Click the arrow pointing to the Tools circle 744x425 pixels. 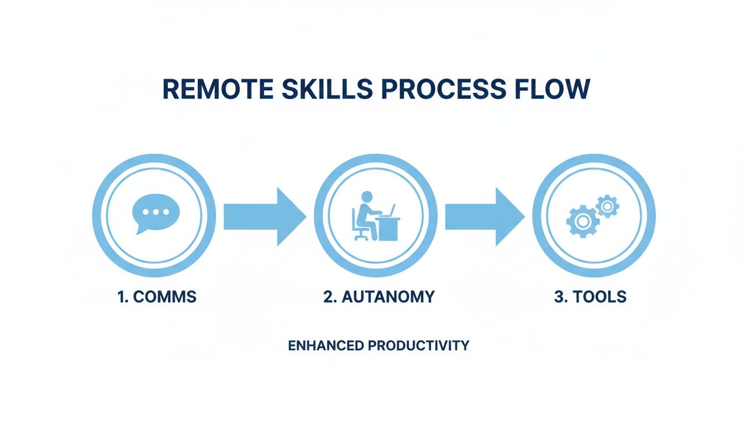click(485, 216)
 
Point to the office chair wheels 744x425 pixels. click(361, 237)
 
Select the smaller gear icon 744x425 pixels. click(607, 206)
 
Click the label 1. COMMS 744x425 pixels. click(157, 297)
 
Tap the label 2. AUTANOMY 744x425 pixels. click(379, 297)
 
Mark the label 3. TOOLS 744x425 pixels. click(590, 297)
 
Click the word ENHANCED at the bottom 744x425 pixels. click(325, 346)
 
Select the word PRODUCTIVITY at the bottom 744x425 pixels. click(418, 346)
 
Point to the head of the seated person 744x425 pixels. click(366, 196)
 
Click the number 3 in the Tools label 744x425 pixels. click(558, 297)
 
